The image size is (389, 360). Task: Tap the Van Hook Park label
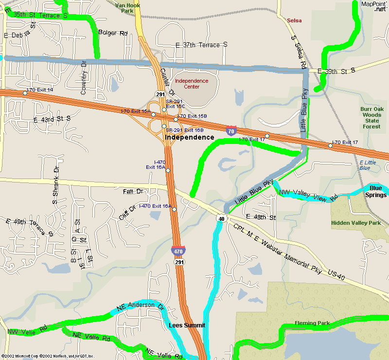pyautogui.click(x=127, y=7)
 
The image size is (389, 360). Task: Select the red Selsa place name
pyautogui.click(x=294, y=20)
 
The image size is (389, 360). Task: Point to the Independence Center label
pyautogui.click(x=192, y=84)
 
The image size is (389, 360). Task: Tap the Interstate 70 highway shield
pyautogui.click(x=231, y=130)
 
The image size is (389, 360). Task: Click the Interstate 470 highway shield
pyautogui.click(x=177, y=251)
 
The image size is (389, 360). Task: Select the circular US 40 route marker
pyautogui.click(x=221, y=218)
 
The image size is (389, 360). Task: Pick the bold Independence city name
pyautogui.click(x=189, y=138)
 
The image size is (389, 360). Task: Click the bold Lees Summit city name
pyautogui.click(x=187, y=325)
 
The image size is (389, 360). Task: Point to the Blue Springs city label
pyautogui.click(x=376, y=192)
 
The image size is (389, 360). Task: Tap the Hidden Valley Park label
pyautogui.click(x=355, y=223)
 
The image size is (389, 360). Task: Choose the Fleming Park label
pyautogui.click(x=312, y=324)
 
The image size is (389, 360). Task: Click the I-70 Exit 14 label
pyautogui.click(x=40, y=90)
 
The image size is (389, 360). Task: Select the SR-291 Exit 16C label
pyautogui.click(x=175, y=104)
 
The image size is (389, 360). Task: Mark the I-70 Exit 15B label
pyautogui.click(x=192, y=116)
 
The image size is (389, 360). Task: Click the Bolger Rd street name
pyautogui.click(x=113, y=33)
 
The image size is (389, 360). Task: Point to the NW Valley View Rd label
pyautogui.click(x=308, y=195)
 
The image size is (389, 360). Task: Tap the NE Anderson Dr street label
pyautogui.click(x=141, y=306)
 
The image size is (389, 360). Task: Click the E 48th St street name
pyautogui.click(x=261, y=216)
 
